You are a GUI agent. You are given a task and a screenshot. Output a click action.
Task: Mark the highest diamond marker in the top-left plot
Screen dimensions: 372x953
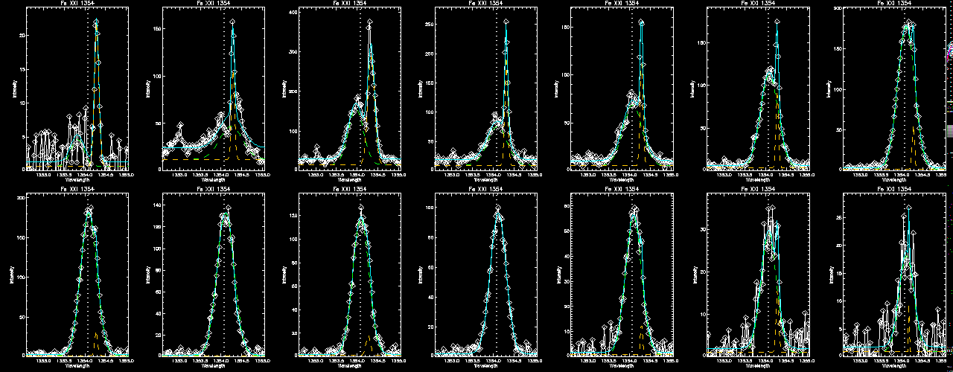[96, 22]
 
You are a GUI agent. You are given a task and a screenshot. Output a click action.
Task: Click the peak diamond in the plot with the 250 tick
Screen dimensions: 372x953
[506, 22]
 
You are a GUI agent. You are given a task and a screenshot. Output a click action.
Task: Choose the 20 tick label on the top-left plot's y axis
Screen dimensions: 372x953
[22, 36]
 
